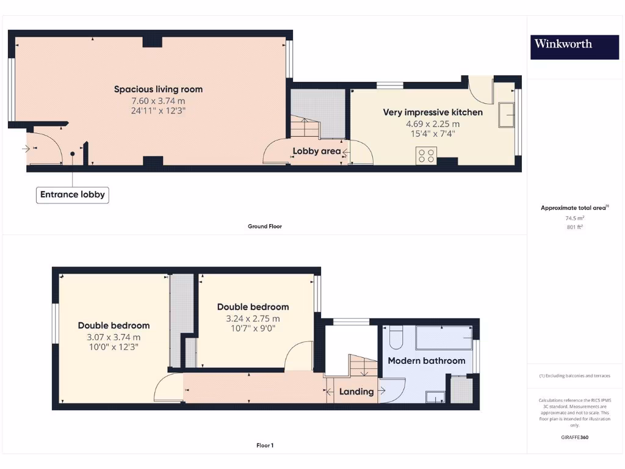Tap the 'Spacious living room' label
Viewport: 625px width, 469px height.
pos(158,89)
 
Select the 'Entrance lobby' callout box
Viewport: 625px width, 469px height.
pos(73,195)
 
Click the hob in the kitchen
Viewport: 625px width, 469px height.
pos(425,156)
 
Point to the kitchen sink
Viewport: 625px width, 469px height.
pos(507,115)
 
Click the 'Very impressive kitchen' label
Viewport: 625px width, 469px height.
pos(433,112)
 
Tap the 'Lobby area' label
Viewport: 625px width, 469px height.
pos(317,151)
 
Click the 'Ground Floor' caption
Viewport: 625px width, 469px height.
pos(265,226)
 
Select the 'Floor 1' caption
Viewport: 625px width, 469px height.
pos(265,445)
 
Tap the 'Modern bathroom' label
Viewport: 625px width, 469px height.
pos(427,361)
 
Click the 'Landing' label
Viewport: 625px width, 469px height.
pos(356,391)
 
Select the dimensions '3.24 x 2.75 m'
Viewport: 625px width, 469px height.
pos(253,318)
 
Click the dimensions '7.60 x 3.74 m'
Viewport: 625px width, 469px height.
pos(158,101)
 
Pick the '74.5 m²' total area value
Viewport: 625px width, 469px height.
pos(574,218)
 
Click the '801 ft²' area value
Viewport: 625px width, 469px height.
pos(574,227)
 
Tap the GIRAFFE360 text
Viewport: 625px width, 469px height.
pos(574,437)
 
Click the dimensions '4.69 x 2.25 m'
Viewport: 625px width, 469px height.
pos(433,123)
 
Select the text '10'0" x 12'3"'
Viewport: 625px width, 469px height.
pos(114,346)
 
